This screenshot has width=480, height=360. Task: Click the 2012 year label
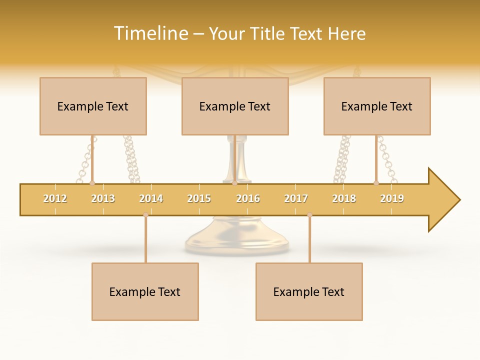(x=55, y=198)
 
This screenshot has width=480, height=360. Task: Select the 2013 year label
(x=103, y=198)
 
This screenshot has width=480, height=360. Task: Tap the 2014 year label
(x=151, y=198)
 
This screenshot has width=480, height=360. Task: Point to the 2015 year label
(x=199, y=198)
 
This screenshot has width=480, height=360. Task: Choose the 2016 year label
(x=248, y=198)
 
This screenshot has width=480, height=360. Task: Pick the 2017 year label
(x=296, y=198)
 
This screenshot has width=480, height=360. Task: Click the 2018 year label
(x=344, y=198)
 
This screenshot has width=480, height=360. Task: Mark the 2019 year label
(x=392, y=198)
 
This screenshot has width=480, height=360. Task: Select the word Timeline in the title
(x=150, y=33)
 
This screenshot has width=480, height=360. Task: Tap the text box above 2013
(x=93, y=106)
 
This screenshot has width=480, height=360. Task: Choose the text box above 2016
(x=235, y=106)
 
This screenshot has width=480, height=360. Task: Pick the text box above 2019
(x=377, y=106)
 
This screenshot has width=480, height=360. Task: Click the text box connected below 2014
(x=145, y=291)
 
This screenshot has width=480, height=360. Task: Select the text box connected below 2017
(x=309, y=291)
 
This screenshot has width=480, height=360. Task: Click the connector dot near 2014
(x=145, y=215)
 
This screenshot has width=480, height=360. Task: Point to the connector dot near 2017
(x=309, y=215)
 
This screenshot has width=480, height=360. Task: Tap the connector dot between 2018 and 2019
(x=376, y=183)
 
